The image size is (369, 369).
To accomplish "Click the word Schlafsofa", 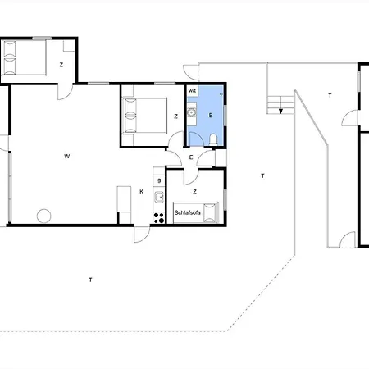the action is (188, 212).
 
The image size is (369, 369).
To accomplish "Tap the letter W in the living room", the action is (67, 157).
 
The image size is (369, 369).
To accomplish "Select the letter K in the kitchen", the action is (142, 192).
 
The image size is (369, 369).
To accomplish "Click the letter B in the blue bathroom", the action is (211, 116).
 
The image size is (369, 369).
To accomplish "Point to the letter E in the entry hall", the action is (191, 157).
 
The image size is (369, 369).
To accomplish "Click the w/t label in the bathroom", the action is (192, 91).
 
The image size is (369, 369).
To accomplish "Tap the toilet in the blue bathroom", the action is (213, 139).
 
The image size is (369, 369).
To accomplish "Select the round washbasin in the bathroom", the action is (192, 112).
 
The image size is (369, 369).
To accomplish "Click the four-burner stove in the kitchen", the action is (159, 218).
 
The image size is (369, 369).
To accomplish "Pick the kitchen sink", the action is (159, 197).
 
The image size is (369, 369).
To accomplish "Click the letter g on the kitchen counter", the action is (159, 180).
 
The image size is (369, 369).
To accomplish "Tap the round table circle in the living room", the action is (43, 216).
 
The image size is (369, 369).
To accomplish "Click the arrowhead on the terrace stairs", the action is (280, 112).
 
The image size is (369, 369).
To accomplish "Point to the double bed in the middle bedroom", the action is (145, 116).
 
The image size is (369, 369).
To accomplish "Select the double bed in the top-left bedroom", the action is (24, 57).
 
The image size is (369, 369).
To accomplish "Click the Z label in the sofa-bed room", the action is (194, 192).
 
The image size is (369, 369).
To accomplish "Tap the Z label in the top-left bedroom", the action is (61, 65).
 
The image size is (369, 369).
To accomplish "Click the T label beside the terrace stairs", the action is (330, 96).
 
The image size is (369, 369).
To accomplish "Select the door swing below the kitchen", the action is (142, 235).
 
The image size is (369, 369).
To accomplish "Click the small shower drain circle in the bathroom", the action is (221, 94).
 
